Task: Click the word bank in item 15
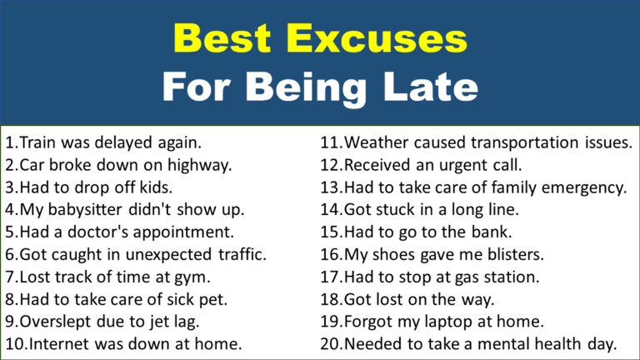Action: coord(491,231)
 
